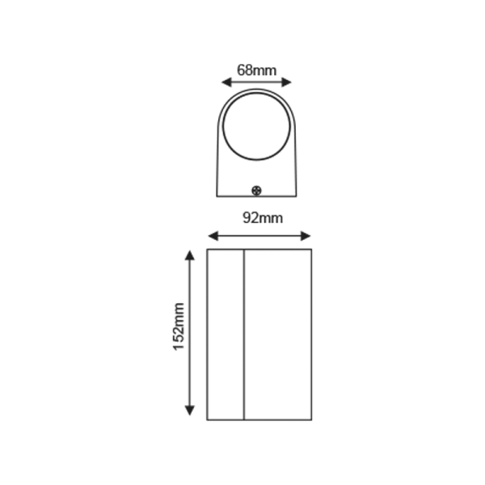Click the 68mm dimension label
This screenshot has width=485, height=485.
(x=256, y=70)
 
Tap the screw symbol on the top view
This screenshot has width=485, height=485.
(x=257, y=191)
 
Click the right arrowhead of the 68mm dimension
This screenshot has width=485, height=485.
(x=289, y=82)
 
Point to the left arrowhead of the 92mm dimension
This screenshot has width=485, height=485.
(x=212, y=236)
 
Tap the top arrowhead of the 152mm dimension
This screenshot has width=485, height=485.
(x=189, y=255)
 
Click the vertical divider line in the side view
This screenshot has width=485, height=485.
(x=244, y=335)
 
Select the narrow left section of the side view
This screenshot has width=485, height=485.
(x=226, y=335)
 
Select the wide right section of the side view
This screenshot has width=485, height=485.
(x=277, y=335)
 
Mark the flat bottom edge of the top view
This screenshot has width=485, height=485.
(x=257, y=196)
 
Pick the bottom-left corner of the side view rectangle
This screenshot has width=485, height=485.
(x=208, y=420)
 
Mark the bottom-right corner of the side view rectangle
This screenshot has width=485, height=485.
(x=310, y=420)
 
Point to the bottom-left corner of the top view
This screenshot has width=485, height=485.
(x=217, y=196)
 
